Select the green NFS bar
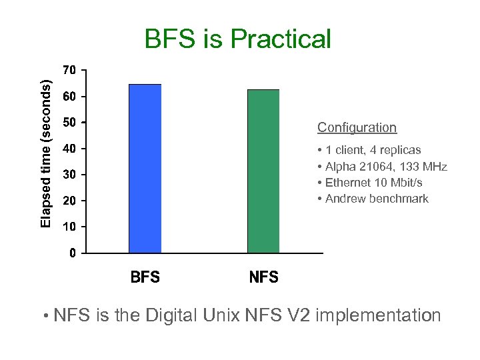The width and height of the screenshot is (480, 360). [x=263, y=171]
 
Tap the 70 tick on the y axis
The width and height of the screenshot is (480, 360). [x=69, y=70]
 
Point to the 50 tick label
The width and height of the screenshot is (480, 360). [x=69, y=123]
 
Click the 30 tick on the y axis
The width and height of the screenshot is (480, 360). [x=69, y=175]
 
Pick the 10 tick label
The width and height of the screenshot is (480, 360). [x=69, y=227]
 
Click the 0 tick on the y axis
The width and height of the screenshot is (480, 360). [x=72, y=253]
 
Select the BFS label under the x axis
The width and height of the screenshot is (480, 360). [x=145, y=277]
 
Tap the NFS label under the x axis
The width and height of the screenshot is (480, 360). [x=263, y=277]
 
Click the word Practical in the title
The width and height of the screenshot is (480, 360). [x=281, y=39]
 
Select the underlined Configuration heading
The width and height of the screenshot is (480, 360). [x=357, y=127]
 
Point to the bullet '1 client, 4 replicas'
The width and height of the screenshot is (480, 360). [x=373, y=150]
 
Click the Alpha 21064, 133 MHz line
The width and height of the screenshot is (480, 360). [x=386, y=167]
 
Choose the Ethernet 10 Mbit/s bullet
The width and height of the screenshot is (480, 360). [x=373, y=183]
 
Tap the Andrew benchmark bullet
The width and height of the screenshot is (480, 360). [x=377, y=199]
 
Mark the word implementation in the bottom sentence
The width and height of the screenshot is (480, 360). [x=378, y=315]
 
